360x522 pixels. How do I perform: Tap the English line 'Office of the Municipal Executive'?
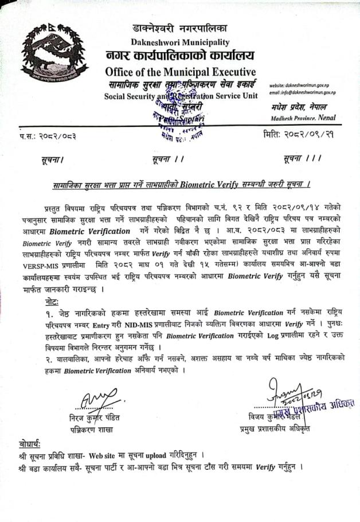pyautogui.click(x=181, y=72)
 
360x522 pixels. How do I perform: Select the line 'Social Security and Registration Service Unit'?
pyautogui.click(x=181, y=96)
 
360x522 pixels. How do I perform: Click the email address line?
pyautogui.click(x=302, y=92)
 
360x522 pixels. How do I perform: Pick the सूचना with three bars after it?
pyautogui.click(x=303, y=157)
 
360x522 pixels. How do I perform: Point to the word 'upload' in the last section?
pyautogui.click(x=155, y=456)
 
